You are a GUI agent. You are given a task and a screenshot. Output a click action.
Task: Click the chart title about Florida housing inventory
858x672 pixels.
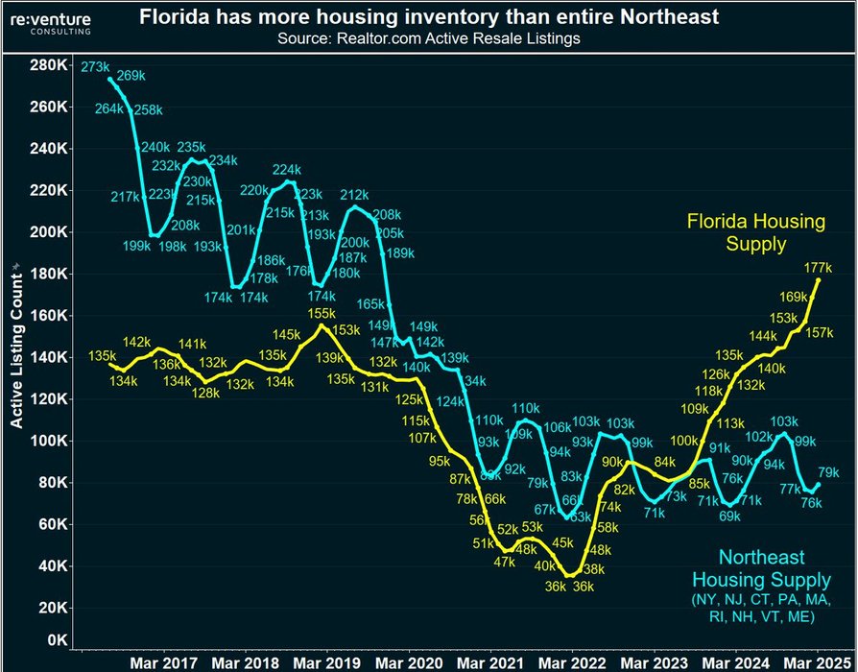[429, 17]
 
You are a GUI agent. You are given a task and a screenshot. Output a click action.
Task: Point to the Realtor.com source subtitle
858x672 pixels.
[429, 38]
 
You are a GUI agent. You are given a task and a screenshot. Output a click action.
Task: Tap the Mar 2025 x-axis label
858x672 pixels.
[810, 661]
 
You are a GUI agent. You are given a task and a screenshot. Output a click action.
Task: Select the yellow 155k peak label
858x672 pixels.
[322, 313]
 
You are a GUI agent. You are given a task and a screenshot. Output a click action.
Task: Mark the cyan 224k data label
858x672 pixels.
[287, 171]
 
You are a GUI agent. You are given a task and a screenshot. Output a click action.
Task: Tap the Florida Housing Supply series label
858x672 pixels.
[755, 233]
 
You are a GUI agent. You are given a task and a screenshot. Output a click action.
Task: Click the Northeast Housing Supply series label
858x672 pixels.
[761, 568]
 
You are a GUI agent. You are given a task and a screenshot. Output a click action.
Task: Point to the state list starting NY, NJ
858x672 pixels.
[761, 609]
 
